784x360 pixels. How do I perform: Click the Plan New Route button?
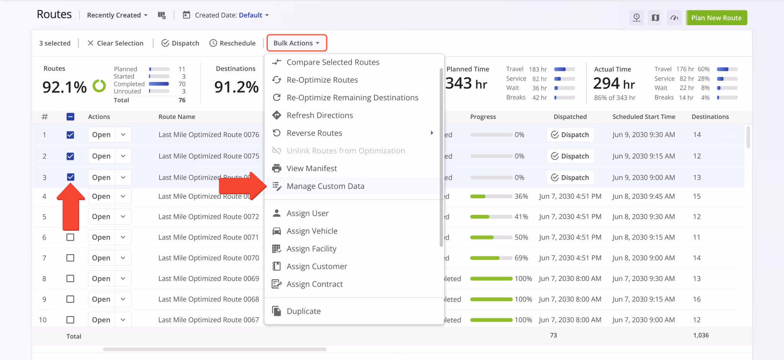(x=716, y=18)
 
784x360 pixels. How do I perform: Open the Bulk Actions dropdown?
(x=296, y=43)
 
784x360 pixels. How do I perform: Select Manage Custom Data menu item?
(x=325, y=186)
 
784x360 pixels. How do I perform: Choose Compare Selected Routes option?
(x=333, y=62)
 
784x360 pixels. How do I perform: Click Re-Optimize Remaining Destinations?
(x=352, y=98)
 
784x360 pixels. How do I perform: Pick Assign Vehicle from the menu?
(x=312, y=231)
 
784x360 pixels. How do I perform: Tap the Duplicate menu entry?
(x=303, y=311)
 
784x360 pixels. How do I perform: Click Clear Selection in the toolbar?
(x=116, y=43)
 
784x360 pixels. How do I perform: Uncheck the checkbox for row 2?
(x=70, y=156)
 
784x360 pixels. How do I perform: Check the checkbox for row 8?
(x=70, y=279)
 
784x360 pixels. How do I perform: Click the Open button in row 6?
(x=101, y=237)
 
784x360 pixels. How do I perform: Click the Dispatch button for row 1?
(x=570, y=135)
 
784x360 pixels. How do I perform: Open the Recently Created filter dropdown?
(x=117, y=15)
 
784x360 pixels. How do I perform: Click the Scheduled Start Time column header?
(x=644, y=117)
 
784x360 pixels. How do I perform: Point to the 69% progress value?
(x=521, y=258)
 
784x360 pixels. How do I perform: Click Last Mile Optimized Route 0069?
(x=209, y=279)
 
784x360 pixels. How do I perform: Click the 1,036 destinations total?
(x=701, y=335)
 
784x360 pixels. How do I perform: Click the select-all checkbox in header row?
(x=70, y=117)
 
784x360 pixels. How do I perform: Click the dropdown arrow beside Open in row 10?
(x=123, y=320)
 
